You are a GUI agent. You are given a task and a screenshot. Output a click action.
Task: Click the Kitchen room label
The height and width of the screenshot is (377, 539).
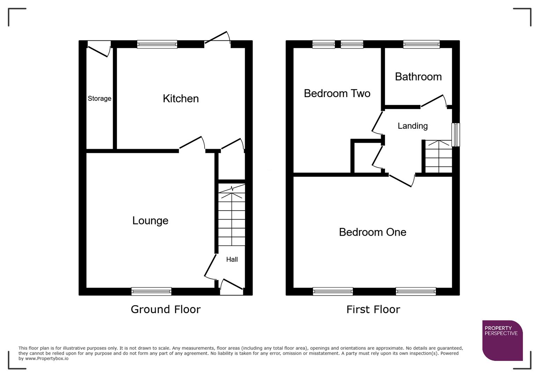(180, 98)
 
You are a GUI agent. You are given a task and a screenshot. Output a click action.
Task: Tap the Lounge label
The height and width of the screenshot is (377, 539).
(150, 221)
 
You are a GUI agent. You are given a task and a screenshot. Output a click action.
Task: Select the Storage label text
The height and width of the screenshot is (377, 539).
(99, 98)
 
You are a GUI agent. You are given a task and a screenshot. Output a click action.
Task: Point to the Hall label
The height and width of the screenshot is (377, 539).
(232, 259)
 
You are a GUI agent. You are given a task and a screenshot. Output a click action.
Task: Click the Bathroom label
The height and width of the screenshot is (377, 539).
(418, 77)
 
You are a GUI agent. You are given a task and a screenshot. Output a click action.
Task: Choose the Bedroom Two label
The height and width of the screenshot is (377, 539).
(337, 94)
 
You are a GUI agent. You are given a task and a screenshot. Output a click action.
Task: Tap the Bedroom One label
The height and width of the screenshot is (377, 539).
(372, 232)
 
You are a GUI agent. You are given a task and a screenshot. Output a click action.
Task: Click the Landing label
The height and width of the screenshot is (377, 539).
(413, 126)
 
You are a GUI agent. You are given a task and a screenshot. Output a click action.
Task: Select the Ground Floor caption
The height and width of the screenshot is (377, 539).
(165, 309)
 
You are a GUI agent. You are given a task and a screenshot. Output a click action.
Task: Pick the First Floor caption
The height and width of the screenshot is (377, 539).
(373, 309)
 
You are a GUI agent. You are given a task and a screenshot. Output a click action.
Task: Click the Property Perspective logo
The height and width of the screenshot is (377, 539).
(502, 340)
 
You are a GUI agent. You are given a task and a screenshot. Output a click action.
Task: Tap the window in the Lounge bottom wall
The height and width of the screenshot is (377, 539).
(152, 291)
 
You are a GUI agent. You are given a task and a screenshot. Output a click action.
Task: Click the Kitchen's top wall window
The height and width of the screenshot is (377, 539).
(157, 44)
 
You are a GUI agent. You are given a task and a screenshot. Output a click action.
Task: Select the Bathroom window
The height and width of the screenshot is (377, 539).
(421, 44)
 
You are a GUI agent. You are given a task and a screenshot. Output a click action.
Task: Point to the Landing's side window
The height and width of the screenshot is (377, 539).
(456, 134)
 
